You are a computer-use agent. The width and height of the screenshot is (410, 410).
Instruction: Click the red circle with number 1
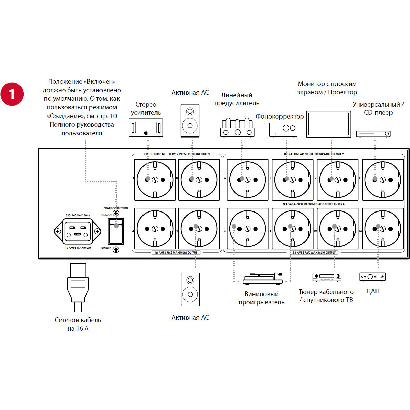tap(12, 94)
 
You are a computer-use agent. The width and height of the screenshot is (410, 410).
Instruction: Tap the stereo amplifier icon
tap(146, 128)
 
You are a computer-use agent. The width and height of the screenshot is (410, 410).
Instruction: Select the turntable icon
tap(263, 278)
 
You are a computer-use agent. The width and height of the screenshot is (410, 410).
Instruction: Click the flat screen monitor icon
tap(328, 124)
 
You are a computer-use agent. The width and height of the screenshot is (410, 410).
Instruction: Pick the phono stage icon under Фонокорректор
tap(283, 129)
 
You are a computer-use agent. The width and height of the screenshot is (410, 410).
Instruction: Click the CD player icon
tap(373, 134)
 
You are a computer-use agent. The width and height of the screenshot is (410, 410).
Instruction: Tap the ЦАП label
tap(373, 291)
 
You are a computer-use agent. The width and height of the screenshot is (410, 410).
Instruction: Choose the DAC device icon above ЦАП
tap(372, 276)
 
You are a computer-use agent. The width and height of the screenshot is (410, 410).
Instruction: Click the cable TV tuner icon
tap(327, 277)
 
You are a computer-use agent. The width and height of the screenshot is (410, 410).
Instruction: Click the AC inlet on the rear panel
tap(78, 231)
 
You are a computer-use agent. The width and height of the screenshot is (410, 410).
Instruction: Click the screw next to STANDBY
tap(116, 249)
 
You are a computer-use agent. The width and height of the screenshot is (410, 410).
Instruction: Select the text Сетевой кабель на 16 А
tap(78, 324)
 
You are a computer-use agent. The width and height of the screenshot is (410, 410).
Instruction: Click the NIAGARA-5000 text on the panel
tap(314, 204)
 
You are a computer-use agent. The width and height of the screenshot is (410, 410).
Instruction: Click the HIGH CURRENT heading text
tap(155, 154)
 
